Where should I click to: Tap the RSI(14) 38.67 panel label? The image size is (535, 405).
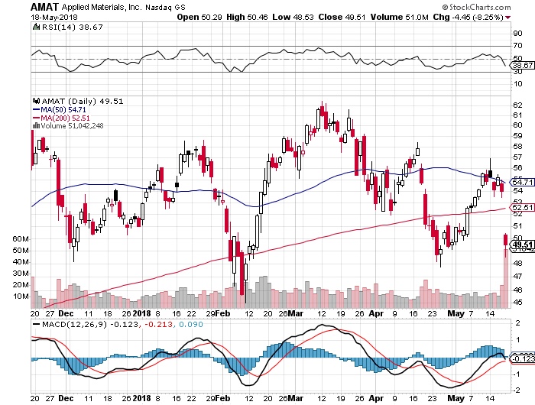pyautogui.click(x=63, y=28)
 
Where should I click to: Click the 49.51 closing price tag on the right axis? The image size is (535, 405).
pyautogui.click(x=521, y=245)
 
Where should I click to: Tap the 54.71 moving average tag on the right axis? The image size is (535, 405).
pyautogui.click(x=521, y=181)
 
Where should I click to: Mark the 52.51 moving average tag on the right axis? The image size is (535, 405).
pyautogui.click(x=521, y=207)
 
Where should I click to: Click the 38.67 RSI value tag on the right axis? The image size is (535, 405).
pyautogui.click(x=521, y=66)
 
